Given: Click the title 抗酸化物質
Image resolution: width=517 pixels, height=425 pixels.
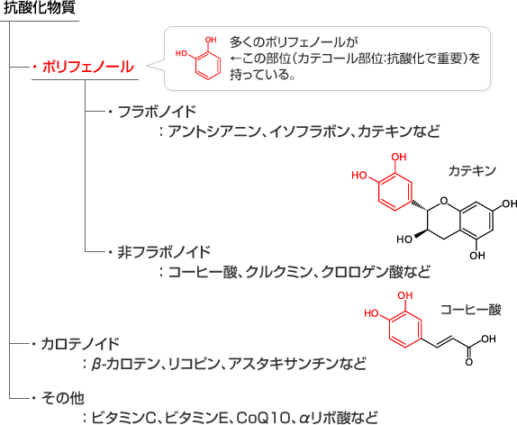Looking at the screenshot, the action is (x=40, y=7).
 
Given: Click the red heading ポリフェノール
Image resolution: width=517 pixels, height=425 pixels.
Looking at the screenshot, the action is (x=88, y=67).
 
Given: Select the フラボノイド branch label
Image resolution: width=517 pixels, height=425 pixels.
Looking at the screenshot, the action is (x=157, y=112).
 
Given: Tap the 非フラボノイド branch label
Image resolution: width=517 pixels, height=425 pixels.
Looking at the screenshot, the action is (x=164, y=252).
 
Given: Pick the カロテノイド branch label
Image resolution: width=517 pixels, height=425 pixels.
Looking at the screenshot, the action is (x=80, y=344).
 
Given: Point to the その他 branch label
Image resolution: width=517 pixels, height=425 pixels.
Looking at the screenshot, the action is (x=63, y=398).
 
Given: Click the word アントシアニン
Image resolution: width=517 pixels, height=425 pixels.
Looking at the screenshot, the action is (x=214, y=131).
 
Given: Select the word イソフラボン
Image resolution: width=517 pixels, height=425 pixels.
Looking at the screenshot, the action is (x=309, y=131).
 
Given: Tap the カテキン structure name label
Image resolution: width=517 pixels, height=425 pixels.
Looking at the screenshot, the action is (x=472, y=171).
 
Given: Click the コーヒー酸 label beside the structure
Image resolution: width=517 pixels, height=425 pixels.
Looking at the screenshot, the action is (x=471, y=310).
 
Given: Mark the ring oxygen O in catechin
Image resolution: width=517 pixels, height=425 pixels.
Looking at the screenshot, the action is (x=444, y=201).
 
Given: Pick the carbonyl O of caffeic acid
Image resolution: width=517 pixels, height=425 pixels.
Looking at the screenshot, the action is (x=469, y=362).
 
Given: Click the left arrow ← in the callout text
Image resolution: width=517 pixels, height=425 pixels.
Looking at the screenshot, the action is (x=235, y=59).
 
